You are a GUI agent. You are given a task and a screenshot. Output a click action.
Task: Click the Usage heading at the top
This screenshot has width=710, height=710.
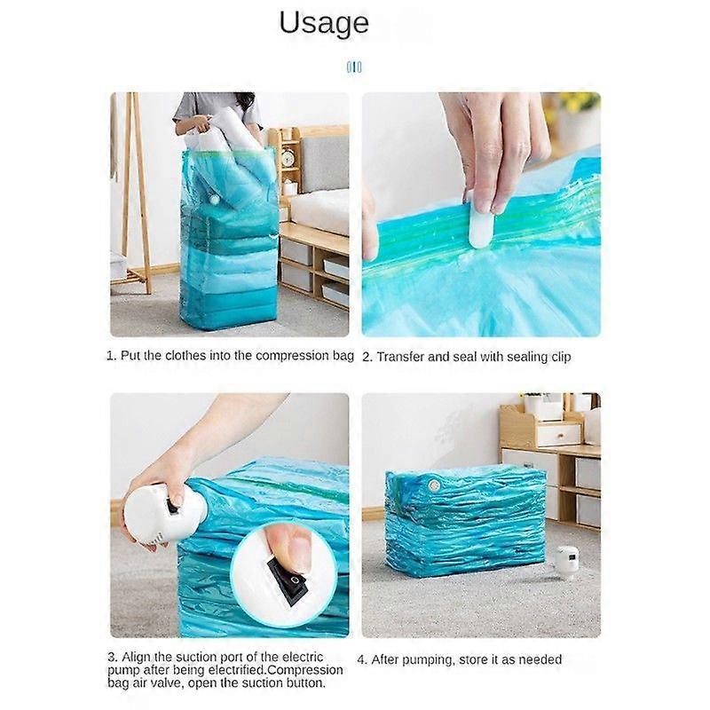point(324,23)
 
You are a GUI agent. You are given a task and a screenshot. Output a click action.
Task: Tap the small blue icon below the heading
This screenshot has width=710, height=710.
point(354,67)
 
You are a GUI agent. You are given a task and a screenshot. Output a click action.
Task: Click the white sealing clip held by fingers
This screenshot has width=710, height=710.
point(477,220)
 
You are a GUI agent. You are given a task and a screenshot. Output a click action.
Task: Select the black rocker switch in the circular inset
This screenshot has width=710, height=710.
point(288,582)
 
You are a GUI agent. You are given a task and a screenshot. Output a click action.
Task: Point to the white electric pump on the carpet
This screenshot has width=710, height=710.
point(567,562)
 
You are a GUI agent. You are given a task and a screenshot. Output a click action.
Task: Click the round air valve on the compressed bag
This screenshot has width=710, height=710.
point(434,485)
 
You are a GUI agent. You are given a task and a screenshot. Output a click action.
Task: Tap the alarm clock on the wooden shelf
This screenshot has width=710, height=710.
point(287,158)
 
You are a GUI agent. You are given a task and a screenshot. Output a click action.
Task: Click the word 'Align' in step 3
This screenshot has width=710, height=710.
point(136,657)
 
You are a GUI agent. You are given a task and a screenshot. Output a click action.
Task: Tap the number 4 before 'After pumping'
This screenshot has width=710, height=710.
point(361,659)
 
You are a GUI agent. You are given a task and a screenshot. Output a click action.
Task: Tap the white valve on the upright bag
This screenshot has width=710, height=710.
point(214,198)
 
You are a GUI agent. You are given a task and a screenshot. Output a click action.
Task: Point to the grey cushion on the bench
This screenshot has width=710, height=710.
point(324,162)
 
